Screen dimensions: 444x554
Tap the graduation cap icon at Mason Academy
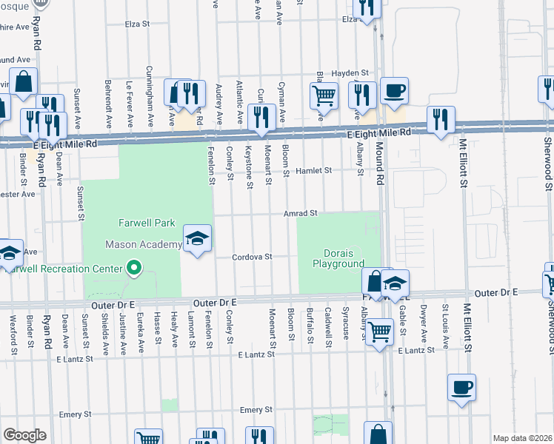tap(197, 238)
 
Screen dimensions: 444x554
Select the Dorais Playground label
tap(338, 258)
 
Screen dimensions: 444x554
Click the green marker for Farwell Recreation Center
tap(134, 267)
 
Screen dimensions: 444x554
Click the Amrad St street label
tap(300, 213)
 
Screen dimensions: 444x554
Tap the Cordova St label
tap(253, 257)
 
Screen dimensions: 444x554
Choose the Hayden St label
tap(350, 73)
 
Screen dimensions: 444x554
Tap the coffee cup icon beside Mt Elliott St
tap(461, 388)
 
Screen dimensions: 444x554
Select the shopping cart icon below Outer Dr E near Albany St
tap(379, 332)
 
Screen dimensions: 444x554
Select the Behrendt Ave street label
tap(108, 104)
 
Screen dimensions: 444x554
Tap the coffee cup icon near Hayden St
tap(394, 91)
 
